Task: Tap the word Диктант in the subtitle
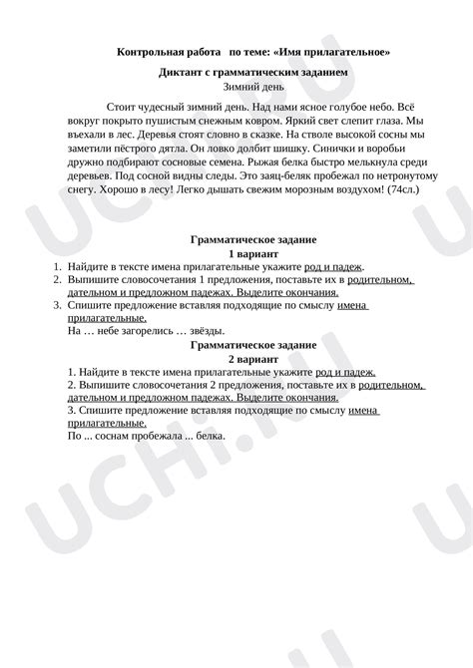[x=181, y=74]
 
